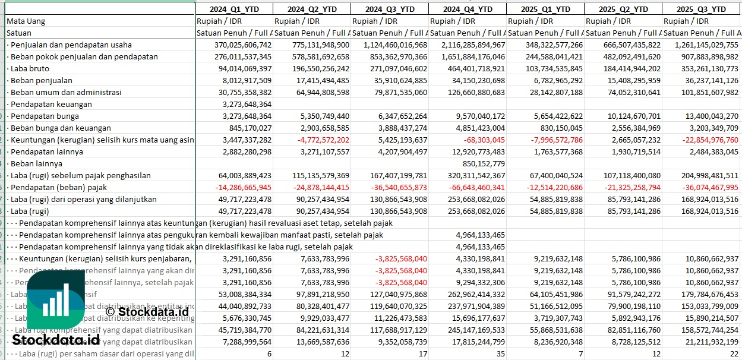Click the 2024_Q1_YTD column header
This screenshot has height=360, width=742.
pyautogui.click(x=234, y=9)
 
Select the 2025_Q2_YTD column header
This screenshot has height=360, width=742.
pyautogui.click(x=623, y=9)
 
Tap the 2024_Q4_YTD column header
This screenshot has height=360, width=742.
pyautogui.click(x=468, y=9)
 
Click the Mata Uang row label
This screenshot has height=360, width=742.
pyautogui.click(x=26, y=21)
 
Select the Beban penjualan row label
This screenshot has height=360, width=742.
pyautogui.click(x=41, y=80)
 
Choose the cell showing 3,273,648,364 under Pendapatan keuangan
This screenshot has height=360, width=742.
pyautogui.click(x=244, y=104)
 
